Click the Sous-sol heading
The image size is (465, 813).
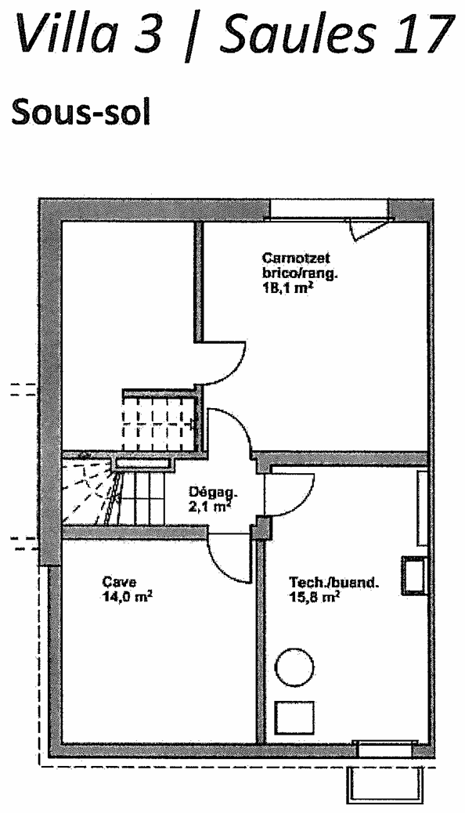pyautogui.click(x=81, y=111)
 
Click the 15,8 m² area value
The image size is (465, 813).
pyautogui.click(x=315, y=597)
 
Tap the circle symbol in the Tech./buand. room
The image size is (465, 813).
pyautogui.click(x=294, y=667)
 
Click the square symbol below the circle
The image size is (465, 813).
pyautogui.click(x=294, y=719)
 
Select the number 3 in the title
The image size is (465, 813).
pyautogui.click(x=150, y=33)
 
